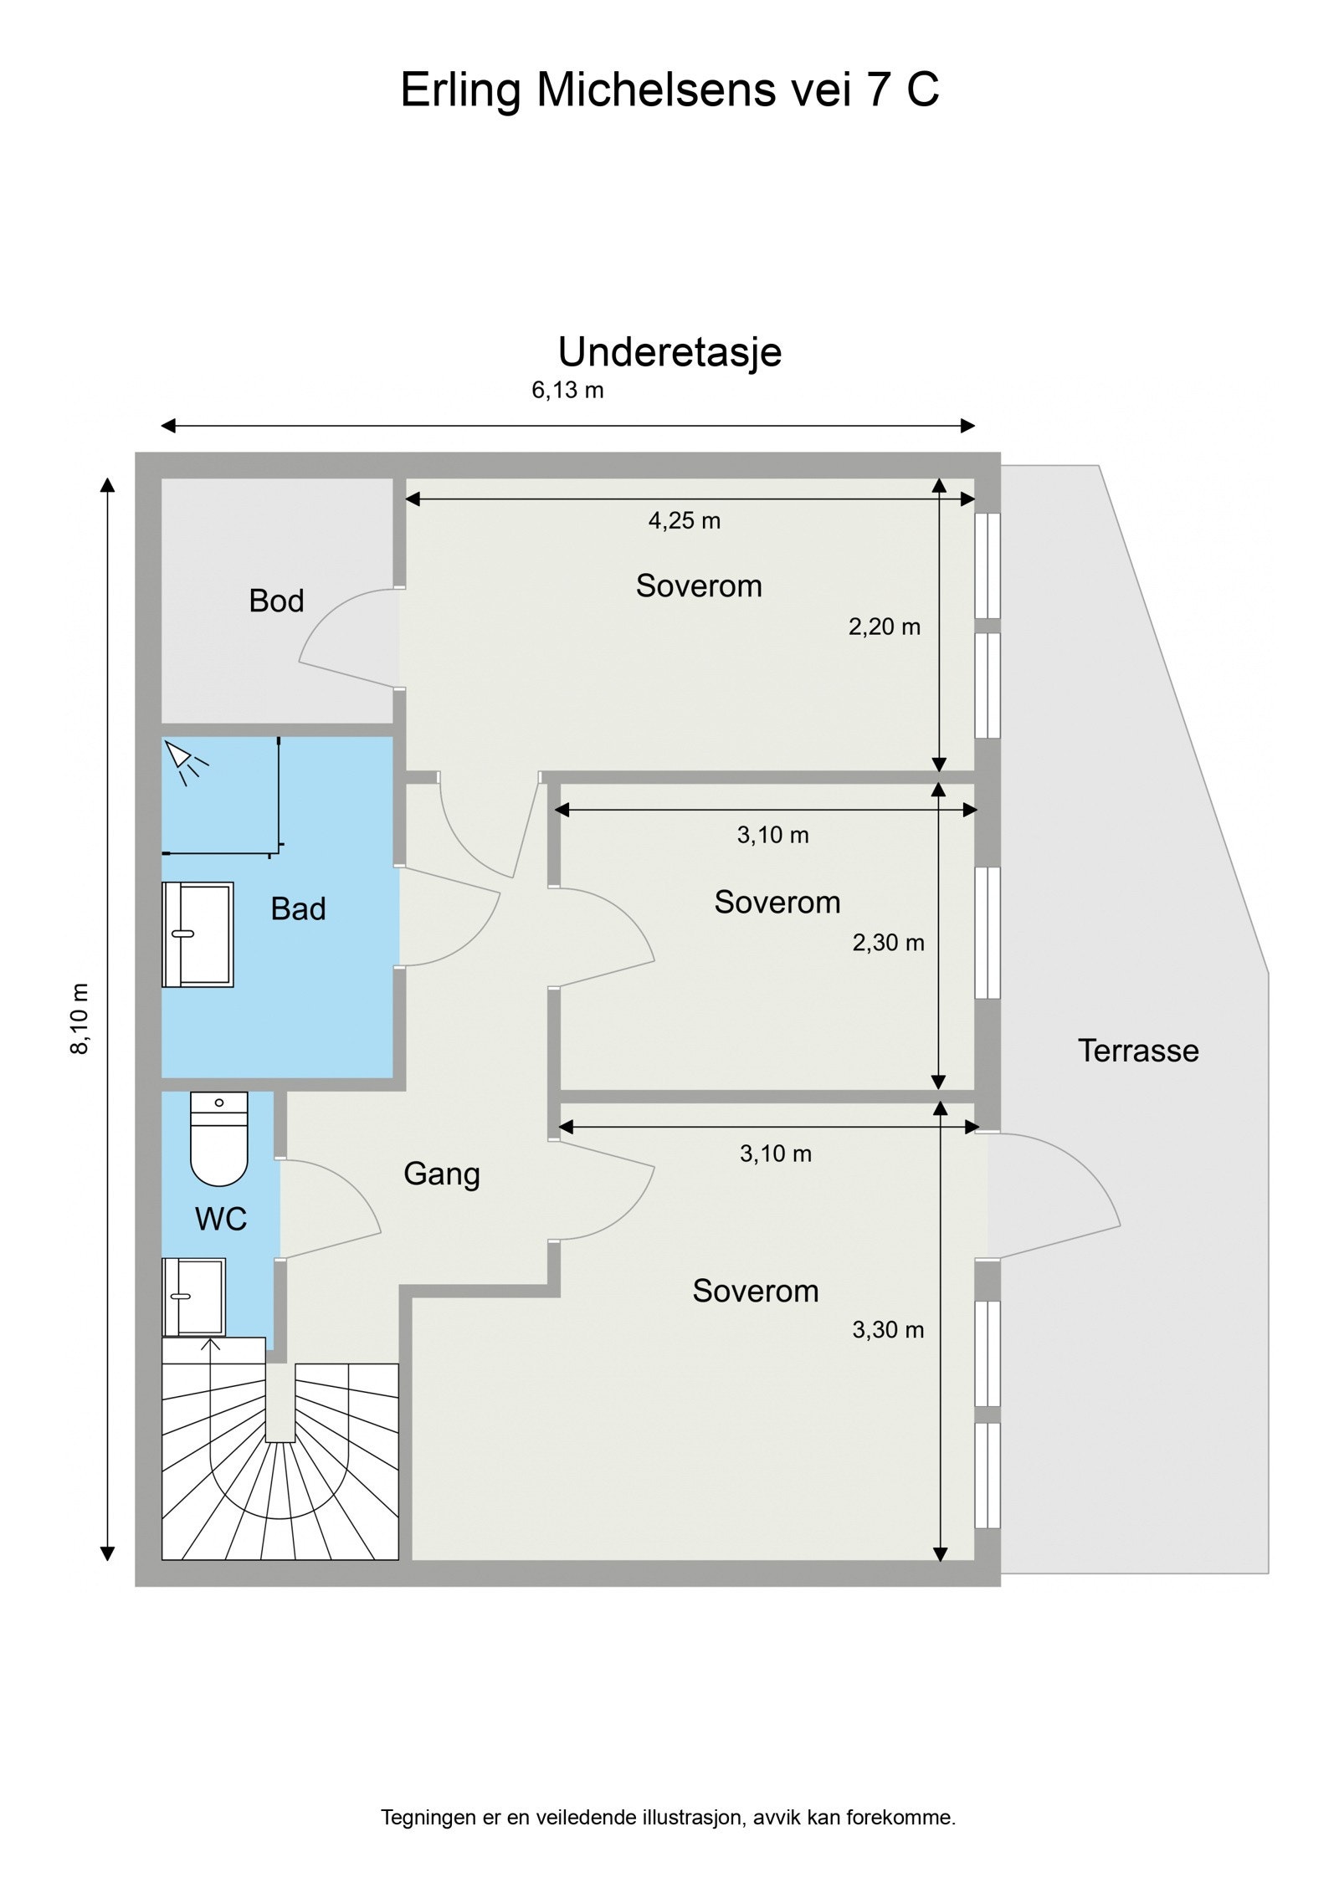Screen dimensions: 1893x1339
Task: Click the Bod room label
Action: [275, 601]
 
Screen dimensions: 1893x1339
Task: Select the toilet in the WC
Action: [219, 1138]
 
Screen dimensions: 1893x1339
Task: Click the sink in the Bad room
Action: [198, 934]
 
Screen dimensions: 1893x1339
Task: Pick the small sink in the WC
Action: [194, 1297]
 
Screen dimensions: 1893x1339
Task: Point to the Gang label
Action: [441, 1174]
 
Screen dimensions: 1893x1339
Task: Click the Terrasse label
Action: [1137, 1051]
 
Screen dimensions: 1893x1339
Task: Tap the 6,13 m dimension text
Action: [567, 390]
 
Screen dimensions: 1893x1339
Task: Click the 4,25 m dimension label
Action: [684, 520]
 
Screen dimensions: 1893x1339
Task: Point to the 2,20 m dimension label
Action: [884, 626]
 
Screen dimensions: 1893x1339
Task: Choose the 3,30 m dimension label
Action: [887, 1329]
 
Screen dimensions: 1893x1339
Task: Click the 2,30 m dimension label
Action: [888, 943]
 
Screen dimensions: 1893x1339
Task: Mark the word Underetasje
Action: [669, 351]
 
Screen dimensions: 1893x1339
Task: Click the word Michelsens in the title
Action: [655, 89]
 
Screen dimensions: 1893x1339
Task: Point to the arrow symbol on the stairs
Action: [210, 1345]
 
